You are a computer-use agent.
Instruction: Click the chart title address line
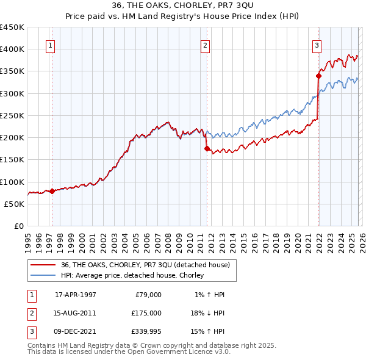coord(182,5)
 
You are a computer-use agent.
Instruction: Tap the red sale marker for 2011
coord(207,148)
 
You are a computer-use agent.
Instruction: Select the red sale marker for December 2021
coord(318,76)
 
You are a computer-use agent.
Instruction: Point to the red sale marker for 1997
coord(52,191)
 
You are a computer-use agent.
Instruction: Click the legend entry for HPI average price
coord(132,276)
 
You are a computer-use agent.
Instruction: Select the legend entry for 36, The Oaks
coord(145,265)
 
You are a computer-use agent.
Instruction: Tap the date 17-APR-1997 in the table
coord(76,295)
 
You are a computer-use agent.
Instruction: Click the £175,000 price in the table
coord(146,312)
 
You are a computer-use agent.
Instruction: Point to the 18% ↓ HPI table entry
coord(208,312)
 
